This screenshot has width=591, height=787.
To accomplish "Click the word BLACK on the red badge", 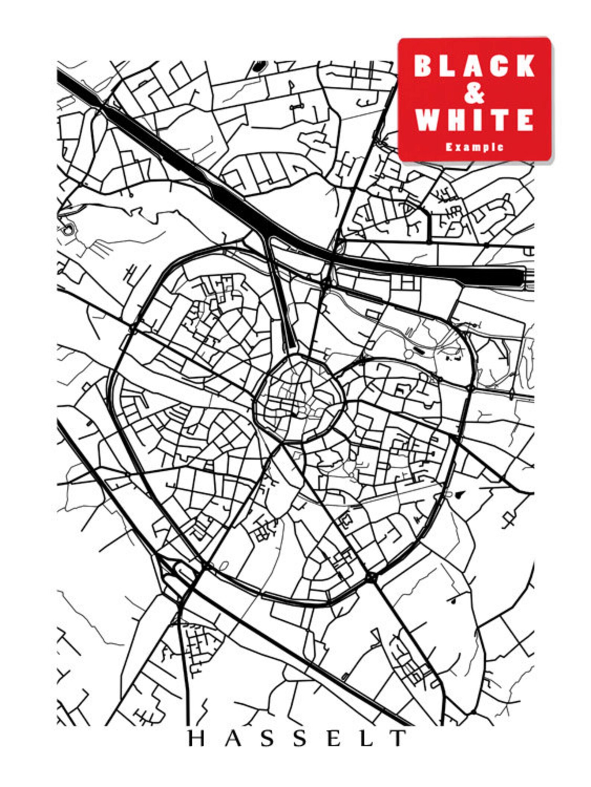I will [x=475, y=66].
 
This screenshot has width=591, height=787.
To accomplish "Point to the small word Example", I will [x=475, y=147].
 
